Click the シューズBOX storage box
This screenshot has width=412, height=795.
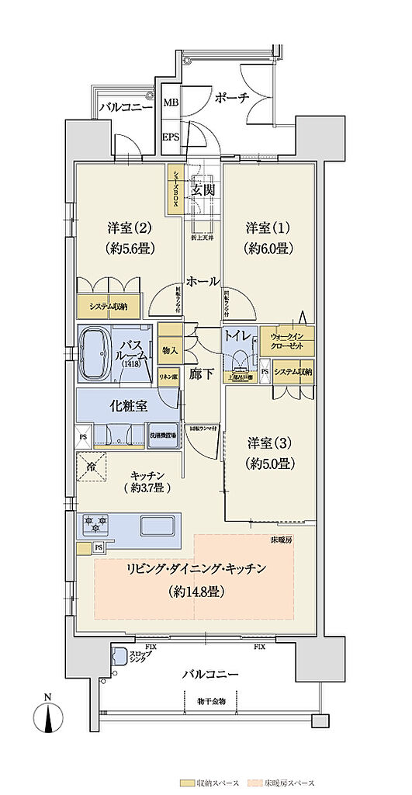point(175,189)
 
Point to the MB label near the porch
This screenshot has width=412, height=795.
point(171,101)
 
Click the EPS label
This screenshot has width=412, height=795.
point(171,136)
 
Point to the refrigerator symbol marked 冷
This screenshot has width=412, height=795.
point(92,468)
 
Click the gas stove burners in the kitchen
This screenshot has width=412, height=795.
point(95,526)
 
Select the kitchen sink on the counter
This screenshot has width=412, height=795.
point(159,526)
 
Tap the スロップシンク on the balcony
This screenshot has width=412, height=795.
point(121,657)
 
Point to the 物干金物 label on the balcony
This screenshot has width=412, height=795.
point(210,700)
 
